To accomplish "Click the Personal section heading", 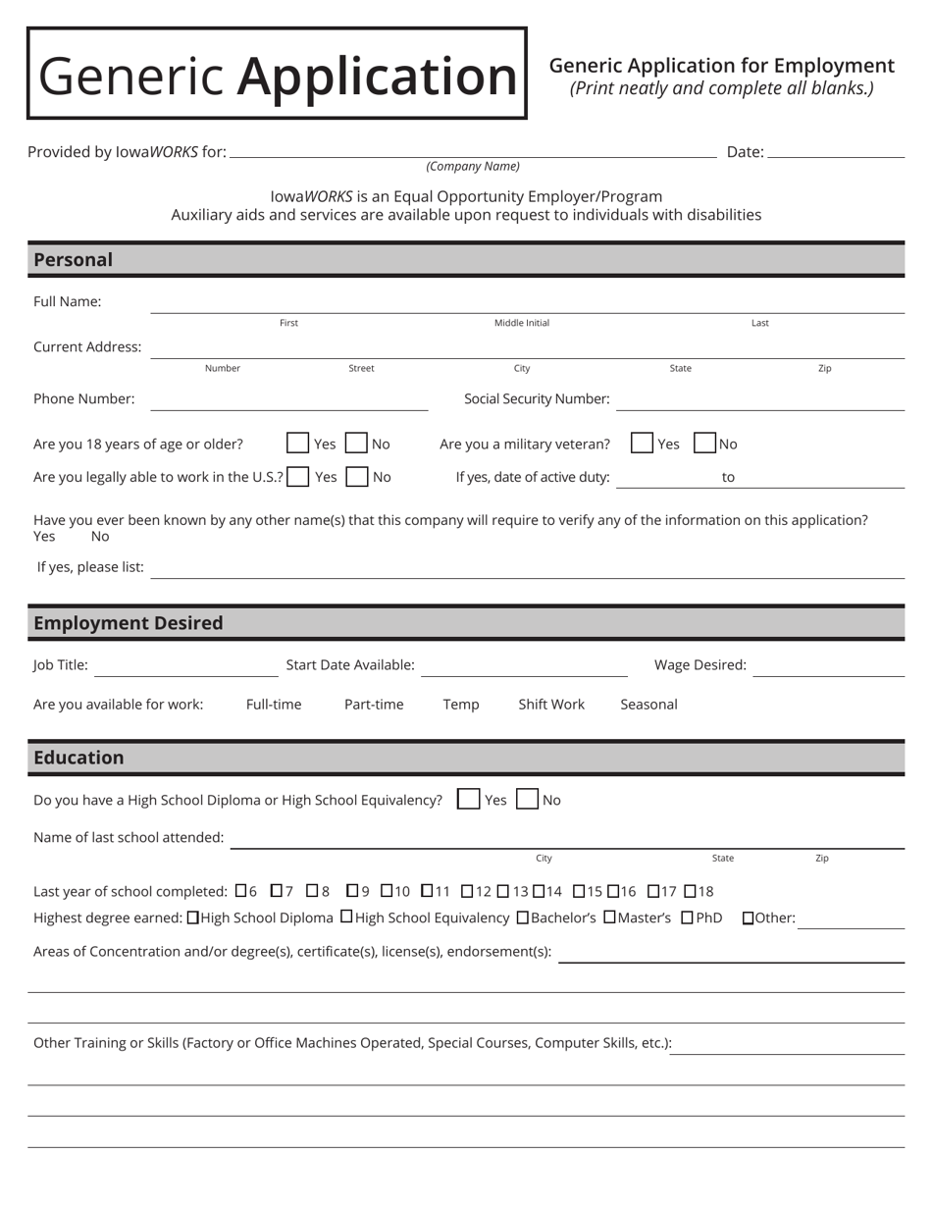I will pyautogui.click(x=74, y=260).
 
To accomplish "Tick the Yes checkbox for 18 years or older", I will pyautogui.click(x=298, y=444).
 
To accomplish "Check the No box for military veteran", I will pyautogui.click(x=704, y=444).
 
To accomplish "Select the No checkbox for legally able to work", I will pyautogui.click(x=357, y=477).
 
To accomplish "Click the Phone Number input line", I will pyautogui.click(x=289, y=400).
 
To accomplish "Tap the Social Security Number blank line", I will pyautogui.click(x=760, y=400).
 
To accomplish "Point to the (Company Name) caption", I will pyautogui.click(x=473, y=167).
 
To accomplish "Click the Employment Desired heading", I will pyautogui.click(x=129, y=623).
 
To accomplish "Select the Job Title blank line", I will pyautogui.click(x=186, y=666).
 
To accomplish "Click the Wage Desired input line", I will pyautogui.click(x=829, y=666).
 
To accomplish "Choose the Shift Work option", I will pyautogui.click(x=551, y=705).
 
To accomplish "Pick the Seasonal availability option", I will pyautogui.click(x=648, y=705).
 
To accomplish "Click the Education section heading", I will pyautogui.click(x=78, y=758).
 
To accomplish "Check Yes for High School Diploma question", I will pyautogui.click(x=469, y=800).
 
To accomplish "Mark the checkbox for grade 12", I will pyautogui.click(x=467, y=891).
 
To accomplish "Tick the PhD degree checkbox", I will pyautogui.click(x=687, y=918).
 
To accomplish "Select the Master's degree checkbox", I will pyautogui.click(x=609, y=918).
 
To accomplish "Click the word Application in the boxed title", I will pyautogui.click(x=377, y=76).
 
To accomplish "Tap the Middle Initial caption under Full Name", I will pyautogui.click(x=522, y=323).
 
